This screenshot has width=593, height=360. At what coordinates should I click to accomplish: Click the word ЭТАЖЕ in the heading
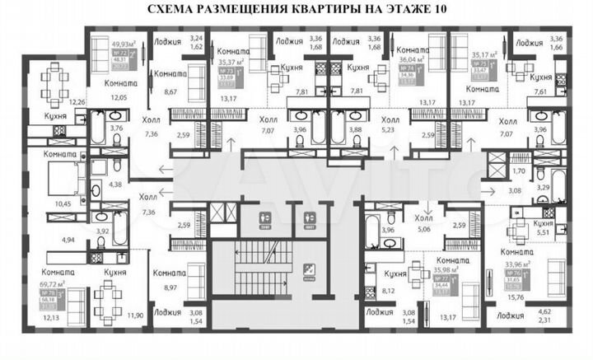click(401, 11)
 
